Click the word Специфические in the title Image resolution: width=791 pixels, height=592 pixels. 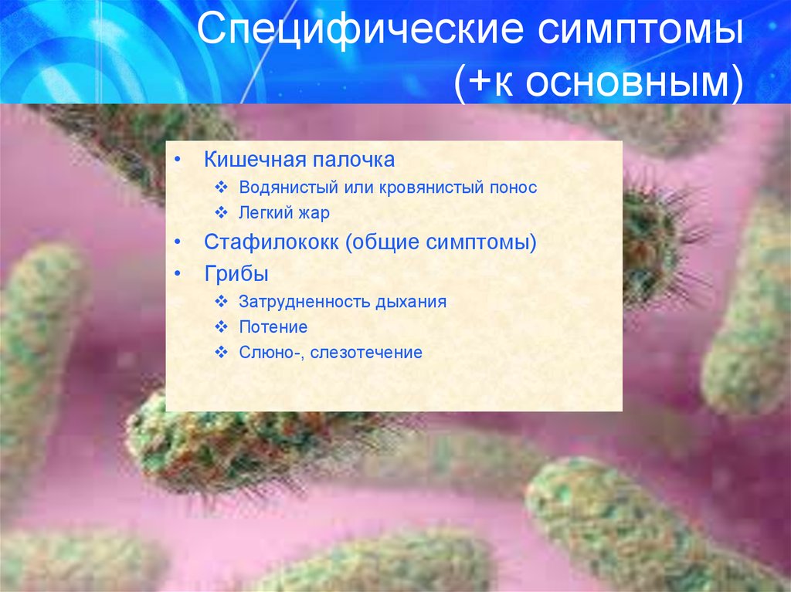pos(360,29)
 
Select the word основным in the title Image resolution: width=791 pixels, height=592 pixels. pos(627,83)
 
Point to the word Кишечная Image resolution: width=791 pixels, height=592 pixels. pos(255,159)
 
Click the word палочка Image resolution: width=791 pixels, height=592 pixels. pos(354,160)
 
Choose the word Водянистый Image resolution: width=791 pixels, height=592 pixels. pos(289,187)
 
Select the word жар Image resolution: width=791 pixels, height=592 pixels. pos(314,213)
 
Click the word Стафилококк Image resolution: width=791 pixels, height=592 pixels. pos(271,242)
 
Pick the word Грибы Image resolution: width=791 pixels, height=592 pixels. pos(236,274)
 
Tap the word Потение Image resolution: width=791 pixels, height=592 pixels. pos(273,326)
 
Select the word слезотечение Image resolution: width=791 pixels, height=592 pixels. pos(366,353)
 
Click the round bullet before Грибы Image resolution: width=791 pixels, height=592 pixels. pos(178,274)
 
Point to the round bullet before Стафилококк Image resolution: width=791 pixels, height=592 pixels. pos(178,242)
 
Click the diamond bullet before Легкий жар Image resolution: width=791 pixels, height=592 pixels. pos(222,212)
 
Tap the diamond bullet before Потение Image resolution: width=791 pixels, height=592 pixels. pos(222,326)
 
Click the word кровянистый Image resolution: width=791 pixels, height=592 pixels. pos(432,188)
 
